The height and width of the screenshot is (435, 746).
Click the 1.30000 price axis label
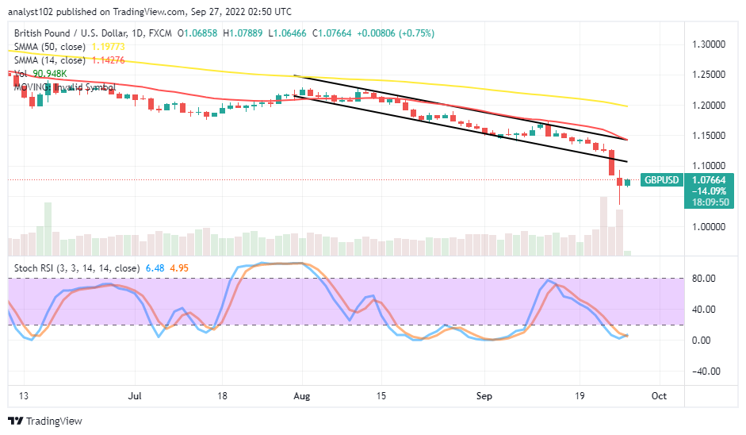pos(710,44)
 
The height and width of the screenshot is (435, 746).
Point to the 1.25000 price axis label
pos(710,75)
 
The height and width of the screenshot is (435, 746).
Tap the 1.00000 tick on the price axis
pos(710,227)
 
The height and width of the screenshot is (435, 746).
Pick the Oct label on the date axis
pos(660,395)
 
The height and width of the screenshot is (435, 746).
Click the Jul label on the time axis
pos(136,395)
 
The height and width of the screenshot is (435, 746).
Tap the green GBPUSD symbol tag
pos(662,180)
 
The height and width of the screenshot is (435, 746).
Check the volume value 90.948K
pos(50,73)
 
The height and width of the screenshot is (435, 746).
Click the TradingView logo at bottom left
pos(40,421)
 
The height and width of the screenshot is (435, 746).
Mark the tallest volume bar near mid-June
pos(48,228)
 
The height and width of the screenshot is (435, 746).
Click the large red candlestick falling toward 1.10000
pos(612,163)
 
